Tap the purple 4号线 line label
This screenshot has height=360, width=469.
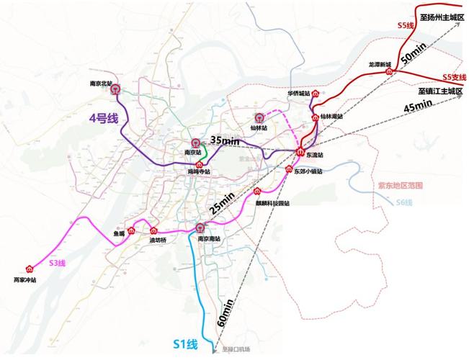tap(103, 119)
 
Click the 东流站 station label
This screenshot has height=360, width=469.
tap(315, 155)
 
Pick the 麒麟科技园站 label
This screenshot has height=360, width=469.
tap(272, 203)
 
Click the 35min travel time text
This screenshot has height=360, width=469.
tap(225, 141)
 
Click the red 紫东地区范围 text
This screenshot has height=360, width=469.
tap(400, 186)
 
